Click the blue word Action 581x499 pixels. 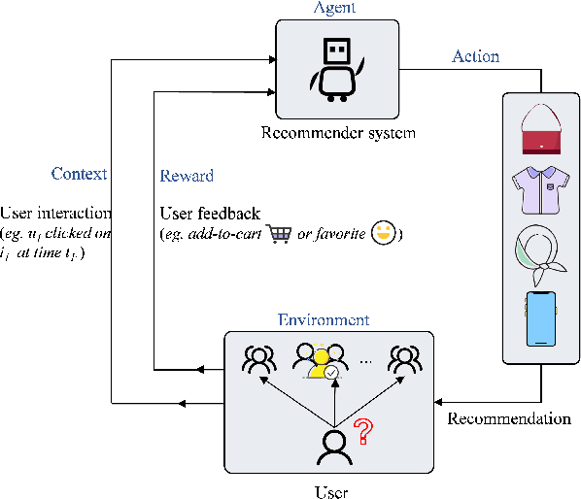(475, 56)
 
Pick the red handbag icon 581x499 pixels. (542, 132)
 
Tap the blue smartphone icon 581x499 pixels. (541, 317)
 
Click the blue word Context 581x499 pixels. (79, 175)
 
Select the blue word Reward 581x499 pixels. (186, 177)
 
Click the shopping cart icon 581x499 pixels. (280, 234)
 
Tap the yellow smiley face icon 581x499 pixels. (386, 233)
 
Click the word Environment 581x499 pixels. (323, 319)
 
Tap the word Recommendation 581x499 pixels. (508, 419)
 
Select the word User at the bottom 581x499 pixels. (330, 491)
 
